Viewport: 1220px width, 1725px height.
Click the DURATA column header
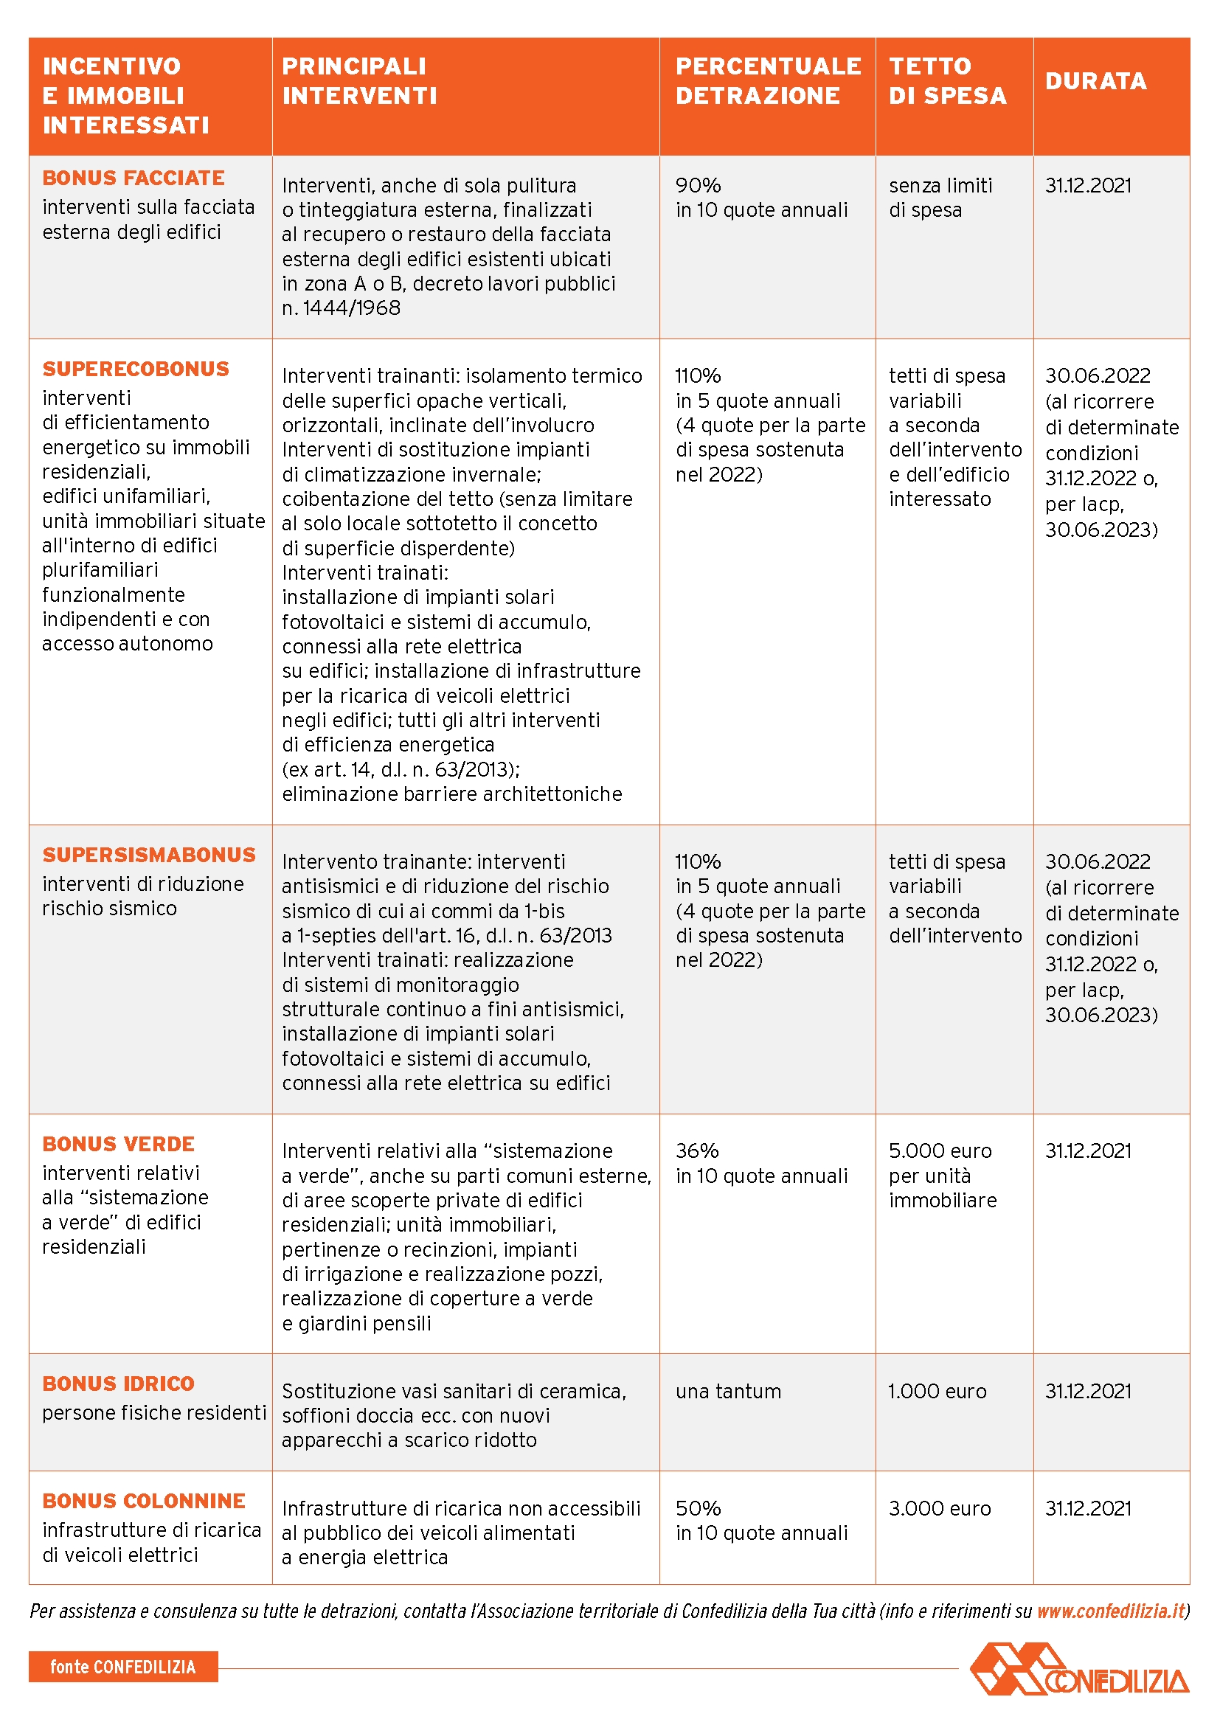1095,81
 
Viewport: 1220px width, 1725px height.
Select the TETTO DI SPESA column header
947,81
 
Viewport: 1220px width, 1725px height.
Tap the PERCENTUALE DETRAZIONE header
768,81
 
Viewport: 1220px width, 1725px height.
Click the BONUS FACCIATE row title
134,178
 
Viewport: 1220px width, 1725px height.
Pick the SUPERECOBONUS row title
136,369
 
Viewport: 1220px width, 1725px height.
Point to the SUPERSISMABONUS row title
150,855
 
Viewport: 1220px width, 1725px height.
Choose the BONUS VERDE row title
119,1145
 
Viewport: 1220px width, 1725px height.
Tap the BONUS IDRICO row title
119,1384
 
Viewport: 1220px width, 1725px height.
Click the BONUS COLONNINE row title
145,1501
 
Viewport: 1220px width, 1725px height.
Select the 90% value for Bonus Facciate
698,186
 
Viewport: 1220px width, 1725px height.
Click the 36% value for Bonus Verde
697,1151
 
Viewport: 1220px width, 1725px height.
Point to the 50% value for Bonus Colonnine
698,1509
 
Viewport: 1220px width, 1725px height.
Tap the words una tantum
728,1392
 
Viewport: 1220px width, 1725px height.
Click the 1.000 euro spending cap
937,1392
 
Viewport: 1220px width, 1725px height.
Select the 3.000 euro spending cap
940,1509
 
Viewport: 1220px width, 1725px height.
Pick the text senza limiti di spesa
940,198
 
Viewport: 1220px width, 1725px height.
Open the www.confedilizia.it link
1110,1611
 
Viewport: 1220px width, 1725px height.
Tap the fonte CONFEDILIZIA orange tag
123,1667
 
